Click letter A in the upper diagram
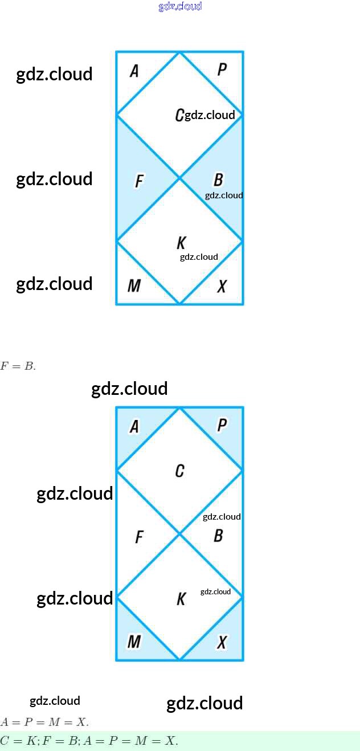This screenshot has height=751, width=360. click(x=134, y=71)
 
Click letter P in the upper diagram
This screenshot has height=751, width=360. click(x=222, y=70)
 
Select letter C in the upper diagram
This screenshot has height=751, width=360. click(x=179, y=115)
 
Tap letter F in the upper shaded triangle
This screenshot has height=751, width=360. click(x=138, y=182)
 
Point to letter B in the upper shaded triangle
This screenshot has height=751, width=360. click(x=218, y=180)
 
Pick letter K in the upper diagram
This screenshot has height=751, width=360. click(x=181, y=243)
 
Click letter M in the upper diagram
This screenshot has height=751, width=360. click(x=134, y=285)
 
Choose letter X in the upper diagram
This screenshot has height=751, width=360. click(x=222, y=286)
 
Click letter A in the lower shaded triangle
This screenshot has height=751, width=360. click(x=134, y=426)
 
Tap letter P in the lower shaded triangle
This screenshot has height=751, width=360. click(x=222, y=425)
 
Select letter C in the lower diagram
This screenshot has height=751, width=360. click(x=179, y=471)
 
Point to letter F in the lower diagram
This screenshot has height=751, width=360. click(x=138, y=537)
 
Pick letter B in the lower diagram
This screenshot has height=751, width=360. click(x=218, y=536)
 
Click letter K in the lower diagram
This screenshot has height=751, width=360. click(x=181, y=599)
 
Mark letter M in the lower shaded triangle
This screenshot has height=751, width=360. click(x=134, y=642)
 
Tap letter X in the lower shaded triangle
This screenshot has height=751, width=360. click(x=222, y=642)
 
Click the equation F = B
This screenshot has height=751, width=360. click(x=18, y=366)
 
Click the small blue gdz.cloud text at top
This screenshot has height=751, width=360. click(x=180, y=7)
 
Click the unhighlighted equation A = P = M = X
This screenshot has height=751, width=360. click(x=44, y=723)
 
